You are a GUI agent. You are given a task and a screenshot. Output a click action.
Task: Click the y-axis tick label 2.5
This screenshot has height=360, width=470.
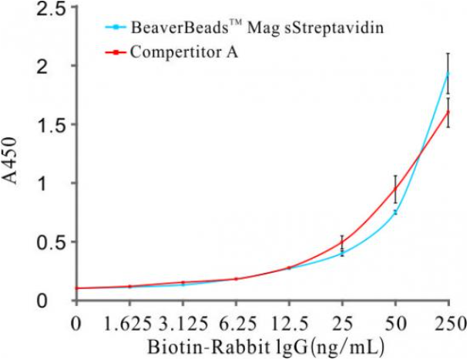54,10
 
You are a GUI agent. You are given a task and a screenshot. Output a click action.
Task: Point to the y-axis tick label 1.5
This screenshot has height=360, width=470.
54,125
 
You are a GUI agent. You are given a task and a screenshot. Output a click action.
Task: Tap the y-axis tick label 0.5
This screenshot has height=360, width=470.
54,242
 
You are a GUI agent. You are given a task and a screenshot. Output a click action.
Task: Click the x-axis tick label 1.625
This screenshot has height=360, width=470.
129,319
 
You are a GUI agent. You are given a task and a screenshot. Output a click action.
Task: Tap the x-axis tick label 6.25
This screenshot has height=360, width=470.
236,319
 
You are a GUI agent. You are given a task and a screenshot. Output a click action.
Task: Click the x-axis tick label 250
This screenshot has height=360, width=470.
448,319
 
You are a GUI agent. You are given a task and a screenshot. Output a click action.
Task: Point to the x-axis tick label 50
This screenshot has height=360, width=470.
395,319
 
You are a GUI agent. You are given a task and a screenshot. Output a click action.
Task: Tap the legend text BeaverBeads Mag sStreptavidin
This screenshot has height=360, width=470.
231,30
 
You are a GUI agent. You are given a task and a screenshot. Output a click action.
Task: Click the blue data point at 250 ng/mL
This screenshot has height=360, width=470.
448,72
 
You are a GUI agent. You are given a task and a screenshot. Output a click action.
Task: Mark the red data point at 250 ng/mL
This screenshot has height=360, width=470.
448,111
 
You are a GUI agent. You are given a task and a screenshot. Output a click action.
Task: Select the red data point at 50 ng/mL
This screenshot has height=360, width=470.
395,189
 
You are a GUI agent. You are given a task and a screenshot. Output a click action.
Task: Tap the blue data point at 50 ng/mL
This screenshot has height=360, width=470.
395,212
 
